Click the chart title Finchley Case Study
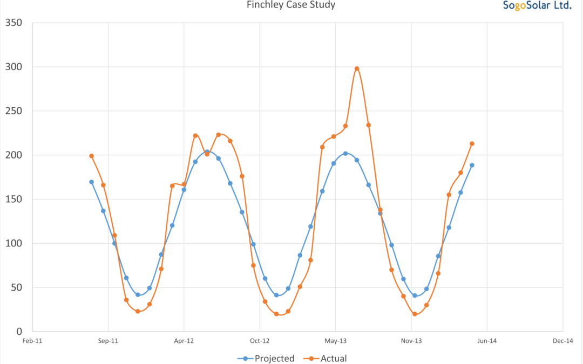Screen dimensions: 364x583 tap(291, 5)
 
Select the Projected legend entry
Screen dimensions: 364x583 tap(267, 358)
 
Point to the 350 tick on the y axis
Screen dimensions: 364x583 tap(12, 23)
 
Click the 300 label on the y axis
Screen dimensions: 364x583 tap(12, 67)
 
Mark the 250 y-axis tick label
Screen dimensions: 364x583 tap(12, 111)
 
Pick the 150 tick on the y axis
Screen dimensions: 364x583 tap(12, 199)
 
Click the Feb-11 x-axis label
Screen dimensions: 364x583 tap(32, 341)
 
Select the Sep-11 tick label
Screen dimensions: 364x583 tap(108, 341)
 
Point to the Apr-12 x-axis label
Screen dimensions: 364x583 tap(184, 341)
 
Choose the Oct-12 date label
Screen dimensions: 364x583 tap(260, 341)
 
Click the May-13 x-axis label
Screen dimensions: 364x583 tap(335, 341)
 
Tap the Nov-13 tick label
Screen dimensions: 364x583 tap(411, 341)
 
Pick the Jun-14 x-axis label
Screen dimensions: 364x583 tap(487, 341)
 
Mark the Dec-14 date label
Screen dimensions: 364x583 tap(562, 341)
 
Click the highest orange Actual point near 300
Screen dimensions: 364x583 tap(357, 68)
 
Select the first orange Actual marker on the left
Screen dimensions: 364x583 tap(92, 156)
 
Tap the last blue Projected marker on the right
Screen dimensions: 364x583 tap(472, 165)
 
